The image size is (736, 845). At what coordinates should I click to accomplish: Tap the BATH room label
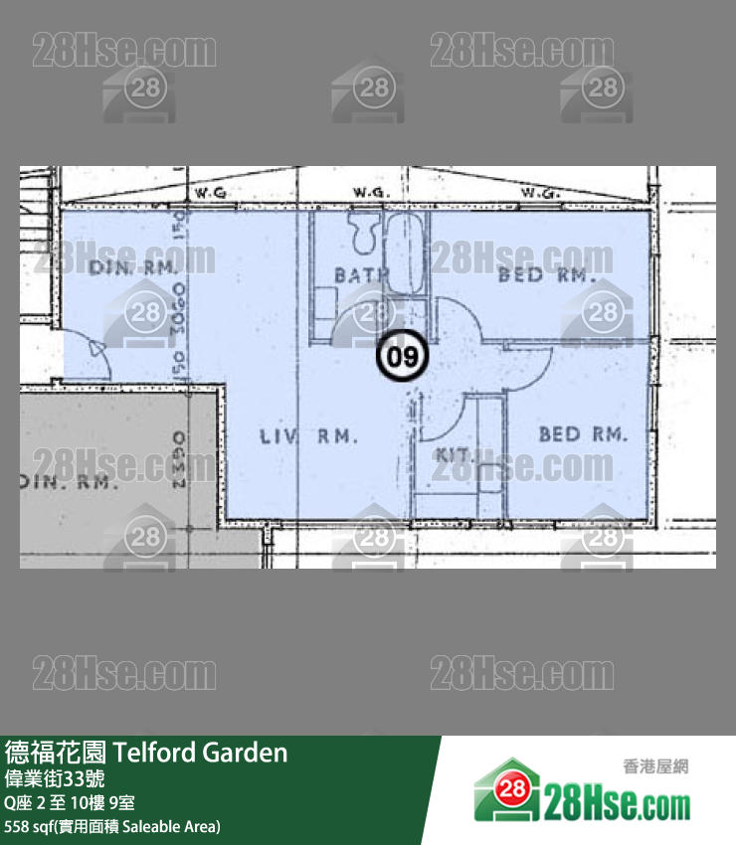pos(360,274)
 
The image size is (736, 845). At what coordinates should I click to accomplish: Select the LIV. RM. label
pos(308,435)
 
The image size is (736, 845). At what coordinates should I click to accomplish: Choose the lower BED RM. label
pos(583,434)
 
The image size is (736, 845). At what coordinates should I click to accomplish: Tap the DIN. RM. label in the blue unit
pos(132,267)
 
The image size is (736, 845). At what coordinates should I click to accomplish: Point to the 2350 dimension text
pos(180,459)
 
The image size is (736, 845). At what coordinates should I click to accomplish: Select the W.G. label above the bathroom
pos(370,192)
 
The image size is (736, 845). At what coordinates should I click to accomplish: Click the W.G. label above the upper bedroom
pos(542,192)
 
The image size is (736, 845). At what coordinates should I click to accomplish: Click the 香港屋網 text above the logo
pos(655,766)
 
